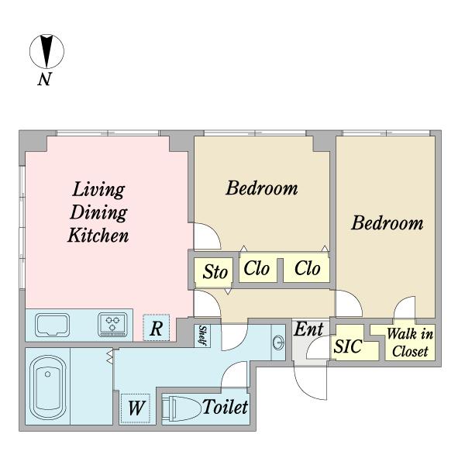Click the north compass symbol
coord(46,51)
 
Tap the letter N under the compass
coord(45,79)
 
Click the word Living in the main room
coord(98,190)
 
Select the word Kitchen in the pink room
coord(98,236)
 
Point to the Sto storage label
coord(215,272)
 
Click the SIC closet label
coord(348,346)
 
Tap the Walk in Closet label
coord(410,343)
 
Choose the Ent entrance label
coord(308,329)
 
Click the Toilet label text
coord(225,407)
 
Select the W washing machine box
coord(135,408)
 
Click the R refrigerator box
coord(157,328)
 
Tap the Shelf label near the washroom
coord(202,336)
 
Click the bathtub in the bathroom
coord(48,388)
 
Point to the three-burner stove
coord(112,325)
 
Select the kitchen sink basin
coord(53,325)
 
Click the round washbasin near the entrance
coord(278,343)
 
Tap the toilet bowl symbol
coord(181,408)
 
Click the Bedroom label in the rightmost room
coord(387,223)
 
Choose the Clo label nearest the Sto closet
coord(257,268)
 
